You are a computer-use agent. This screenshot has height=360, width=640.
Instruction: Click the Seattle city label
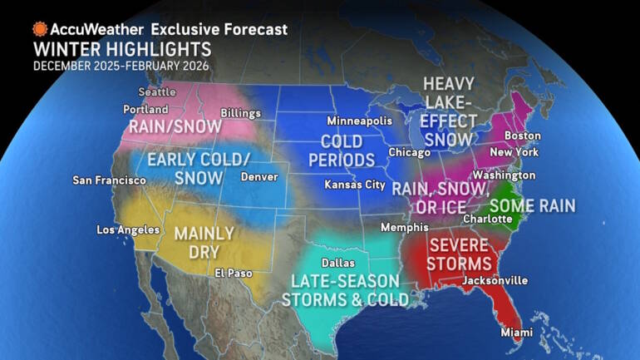(156, 92)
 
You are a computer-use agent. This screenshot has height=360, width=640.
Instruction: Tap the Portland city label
(140, 109)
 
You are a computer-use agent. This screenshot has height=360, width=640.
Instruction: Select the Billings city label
(241, 113)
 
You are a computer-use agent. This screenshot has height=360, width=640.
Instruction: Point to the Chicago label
(409, 152)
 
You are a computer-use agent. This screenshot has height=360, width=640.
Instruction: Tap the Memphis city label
(404, 227)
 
